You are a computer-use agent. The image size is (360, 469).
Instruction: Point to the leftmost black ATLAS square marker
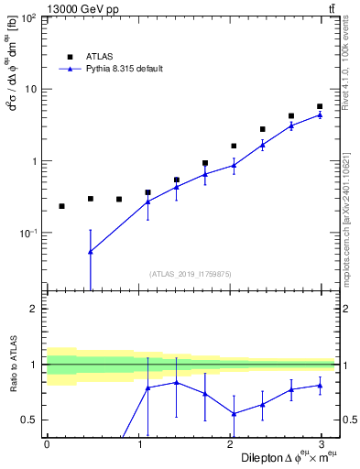click(x=61, y=206)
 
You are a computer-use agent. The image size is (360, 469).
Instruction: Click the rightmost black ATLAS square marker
click(x=320, y=107)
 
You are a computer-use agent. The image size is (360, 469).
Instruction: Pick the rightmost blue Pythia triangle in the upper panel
click(x=320, y=115)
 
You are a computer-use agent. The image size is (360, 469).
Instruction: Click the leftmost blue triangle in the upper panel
click(x=90, y=251)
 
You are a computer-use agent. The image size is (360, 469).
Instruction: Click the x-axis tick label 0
click(x=47, y=445)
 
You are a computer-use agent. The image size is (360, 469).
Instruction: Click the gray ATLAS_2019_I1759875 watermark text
click(x=191, y=273)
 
